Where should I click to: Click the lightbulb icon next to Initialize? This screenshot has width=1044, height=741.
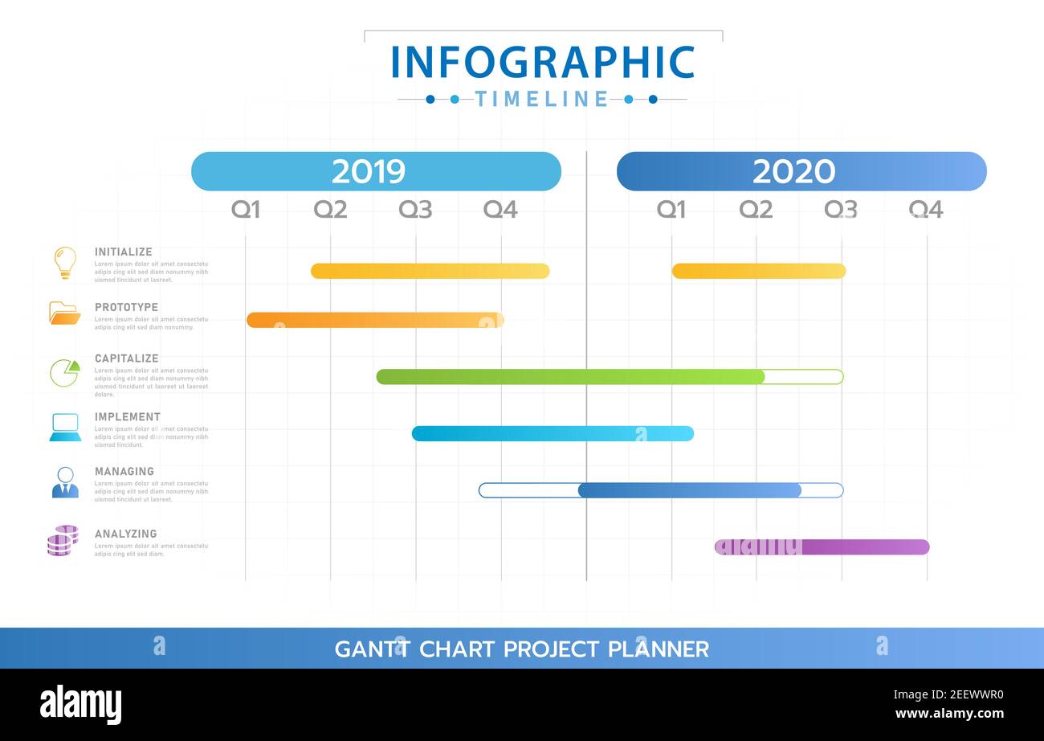coord(65,263)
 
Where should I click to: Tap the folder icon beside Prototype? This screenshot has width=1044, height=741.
coord(64,313)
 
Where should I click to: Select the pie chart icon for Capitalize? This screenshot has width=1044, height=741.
coord(65,372)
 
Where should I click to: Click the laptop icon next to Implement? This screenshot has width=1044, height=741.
coord(65,427)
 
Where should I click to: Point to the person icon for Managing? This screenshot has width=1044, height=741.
coord(65,482)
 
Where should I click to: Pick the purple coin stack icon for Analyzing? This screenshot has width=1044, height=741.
coord(63,541)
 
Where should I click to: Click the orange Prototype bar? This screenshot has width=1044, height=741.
coord(375,320)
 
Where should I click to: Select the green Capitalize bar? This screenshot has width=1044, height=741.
coord(570,376)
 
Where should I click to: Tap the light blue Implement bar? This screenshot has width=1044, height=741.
coord(553,433)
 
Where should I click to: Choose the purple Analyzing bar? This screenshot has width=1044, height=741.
coord(822,547)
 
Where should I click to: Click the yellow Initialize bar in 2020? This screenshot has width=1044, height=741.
coord(759,271)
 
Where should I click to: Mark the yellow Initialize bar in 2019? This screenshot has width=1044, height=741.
coord(430,271)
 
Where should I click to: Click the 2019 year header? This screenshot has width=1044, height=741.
coord(376,171)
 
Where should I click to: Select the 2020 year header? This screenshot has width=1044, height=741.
coord(801,171)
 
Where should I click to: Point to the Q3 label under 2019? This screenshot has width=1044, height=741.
coord(415,210)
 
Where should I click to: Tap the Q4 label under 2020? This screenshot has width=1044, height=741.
coord(925,210)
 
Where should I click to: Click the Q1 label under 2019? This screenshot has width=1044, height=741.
coord(246,210)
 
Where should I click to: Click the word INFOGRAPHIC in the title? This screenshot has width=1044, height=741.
coord(543,63)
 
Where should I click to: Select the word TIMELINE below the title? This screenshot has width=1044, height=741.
coord(542,99)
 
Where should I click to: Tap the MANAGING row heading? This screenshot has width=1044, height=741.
coord(124,472)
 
